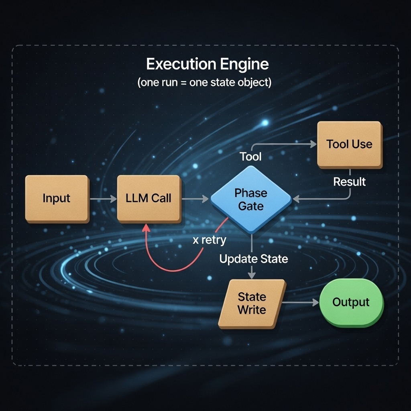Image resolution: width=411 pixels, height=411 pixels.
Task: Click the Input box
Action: pos(57,198)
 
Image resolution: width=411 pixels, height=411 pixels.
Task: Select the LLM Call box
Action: pos(149,198)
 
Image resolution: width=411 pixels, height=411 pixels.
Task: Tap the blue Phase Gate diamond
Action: pos(251,199)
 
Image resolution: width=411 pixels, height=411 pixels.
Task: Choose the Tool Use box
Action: pos(349,144)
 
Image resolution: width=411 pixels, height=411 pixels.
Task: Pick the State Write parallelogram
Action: pos(252,303)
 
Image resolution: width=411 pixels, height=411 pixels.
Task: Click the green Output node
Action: pos(351,302)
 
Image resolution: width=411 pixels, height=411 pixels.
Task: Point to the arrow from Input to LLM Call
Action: pos(102,199)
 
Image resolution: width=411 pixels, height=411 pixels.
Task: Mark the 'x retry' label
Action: pos(209,240)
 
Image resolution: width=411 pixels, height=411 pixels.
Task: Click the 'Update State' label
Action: pos(254,259)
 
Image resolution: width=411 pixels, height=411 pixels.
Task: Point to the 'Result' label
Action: pos(349,182)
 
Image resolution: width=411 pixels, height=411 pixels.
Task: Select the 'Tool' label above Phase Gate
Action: pos(250,157)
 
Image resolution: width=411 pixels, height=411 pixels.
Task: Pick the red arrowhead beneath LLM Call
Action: pos(146,227)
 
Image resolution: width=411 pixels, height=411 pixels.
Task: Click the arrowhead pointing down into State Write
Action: pos(252,275)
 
